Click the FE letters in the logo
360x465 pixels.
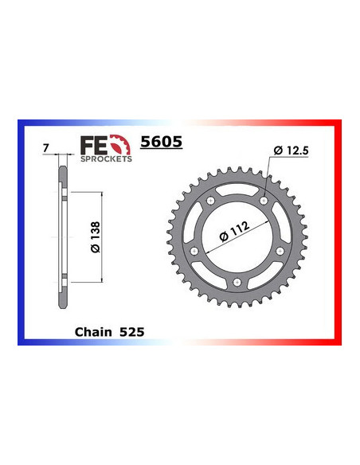pos(91,145)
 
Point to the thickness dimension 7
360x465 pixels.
pos(47,147)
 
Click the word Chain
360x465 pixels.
pos(93,330)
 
